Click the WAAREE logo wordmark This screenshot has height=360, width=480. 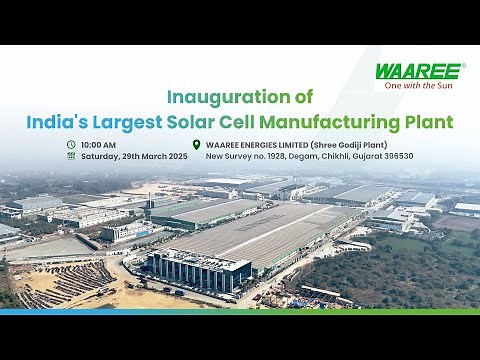[418, 71]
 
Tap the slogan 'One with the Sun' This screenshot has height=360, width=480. [424, 85]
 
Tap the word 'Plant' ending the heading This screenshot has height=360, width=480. [432, 122]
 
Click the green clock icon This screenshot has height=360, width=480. [71, 144]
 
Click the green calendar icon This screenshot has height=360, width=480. [71, 156]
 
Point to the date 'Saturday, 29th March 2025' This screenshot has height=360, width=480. [134, 156]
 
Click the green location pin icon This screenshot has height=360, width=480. [197, 144]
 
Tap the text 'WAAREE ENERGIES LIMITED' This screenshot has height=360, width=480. [254, 144]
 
